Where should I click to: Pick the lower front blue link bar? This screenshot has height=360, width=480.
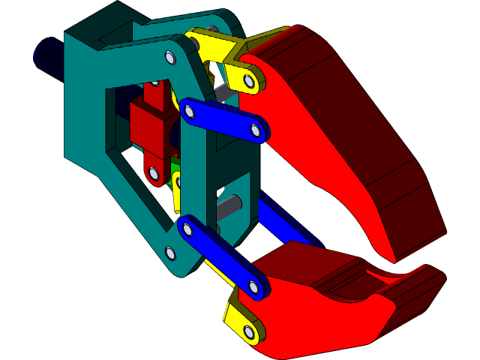(x=221, y=255)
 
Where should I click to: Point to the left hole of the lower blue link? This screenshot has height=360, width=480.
(x=187, y=229)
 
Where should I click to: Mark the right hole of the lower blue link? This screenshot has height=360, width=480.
(x=253, y=287)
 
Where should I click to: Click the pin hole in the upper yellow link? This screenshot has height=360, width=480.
(x=248, y=79)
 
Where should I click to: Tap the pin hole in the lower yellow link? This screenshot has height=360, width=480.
(x=249, y=331)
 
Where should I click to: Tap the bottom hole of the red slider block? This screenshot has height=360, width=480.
(x=154, y=173)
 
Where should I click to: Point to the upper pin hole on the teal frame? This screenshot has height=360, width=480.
(x=169, y=58)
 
